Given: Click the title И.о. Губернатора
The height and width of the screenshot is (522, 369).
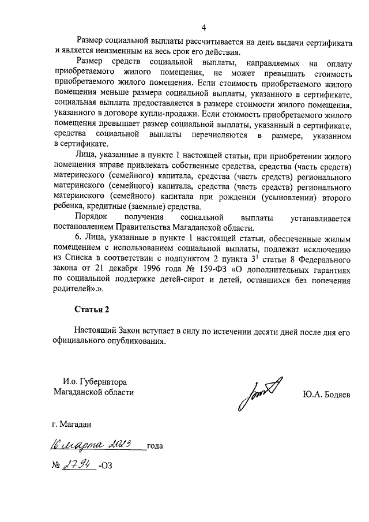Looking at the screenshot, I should point(95,381).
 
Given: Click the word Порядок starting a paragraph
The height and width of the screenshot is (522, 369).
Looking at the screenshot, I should point(92,217).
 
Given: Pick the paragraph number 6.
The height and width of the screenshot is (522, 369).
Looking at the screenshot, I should point(77,239).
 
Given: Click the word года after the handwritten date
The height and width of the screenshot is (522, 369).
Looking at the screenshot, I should point(156,446).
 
